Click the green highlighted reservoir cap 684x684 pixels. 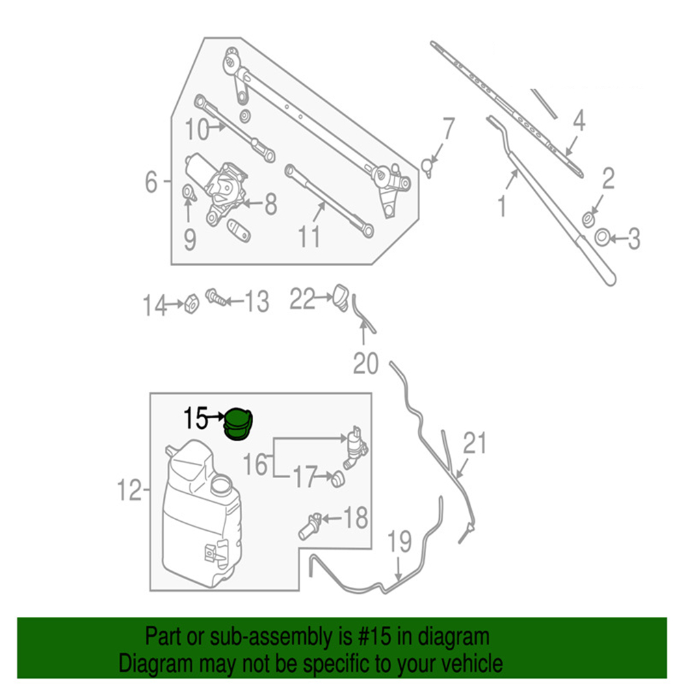tap(238, 424)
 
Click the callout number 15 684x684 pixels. tap(195, 417)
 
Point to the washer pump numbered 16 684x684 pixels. tap(354, 448)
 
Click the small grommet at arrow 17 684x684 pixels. tap(337, 480)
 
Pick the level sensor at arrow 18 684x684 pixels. tap(311, 525)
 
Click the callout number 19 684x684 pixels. tap(399, 542)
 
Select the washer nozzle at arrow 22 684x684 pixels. tap(341, 295)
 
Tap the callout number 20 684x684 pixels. tap(365, 363)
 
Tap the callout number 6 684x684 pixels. tap(151, 182)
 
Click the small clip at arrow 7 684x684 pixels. tap(428, 165)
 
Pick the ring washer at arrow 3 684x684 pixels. tap(603, 237)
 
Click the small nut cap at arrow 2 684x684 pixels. tap(588, 219)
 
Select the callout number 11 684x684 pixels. tap(309, 237)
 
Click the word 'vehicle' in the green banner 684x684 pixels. tap(469, 663)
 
